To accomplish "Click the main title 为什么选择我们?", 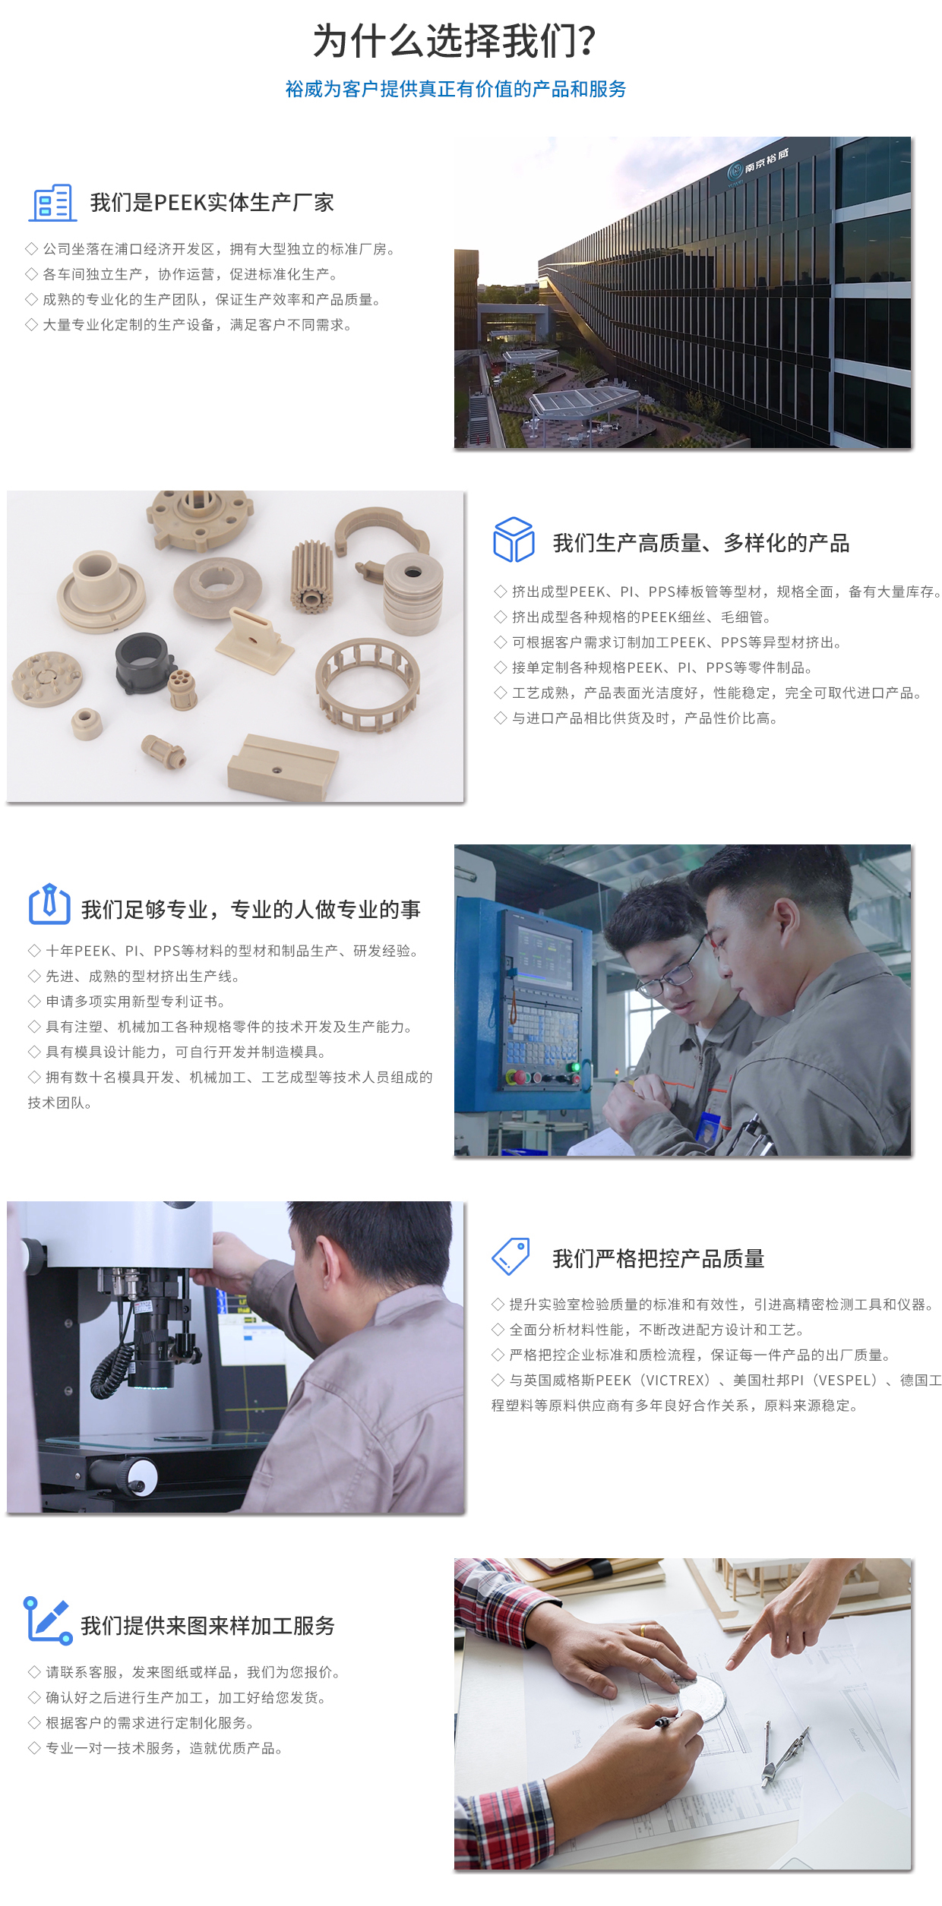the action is tap(454, 41).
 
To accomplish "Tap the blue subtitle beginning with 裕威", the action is tap(456, 89).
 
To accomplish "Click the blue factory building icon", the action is tap(52, 203).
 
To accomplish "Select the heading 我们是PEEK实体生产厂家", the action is tap(212, 203).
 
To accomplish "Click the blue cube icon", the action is tap(514, 539).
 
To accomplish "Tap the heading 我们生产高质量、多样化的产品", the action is tap(701, 544).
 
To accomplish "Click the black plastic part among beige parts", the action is tap(142, 661).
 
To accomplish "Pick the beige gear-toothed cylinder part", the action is tap(311, 575).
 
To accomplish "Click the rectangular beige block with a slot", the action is tap(283, 767).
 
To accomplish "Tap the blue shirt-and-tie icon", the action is tap(49, 904).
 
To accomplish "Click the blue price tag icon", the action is tap(511, 1257).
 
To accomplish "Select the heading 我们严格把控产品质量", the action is tap(659, 1259).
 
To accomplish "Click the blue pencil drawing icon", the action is tap(48, 1620).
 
